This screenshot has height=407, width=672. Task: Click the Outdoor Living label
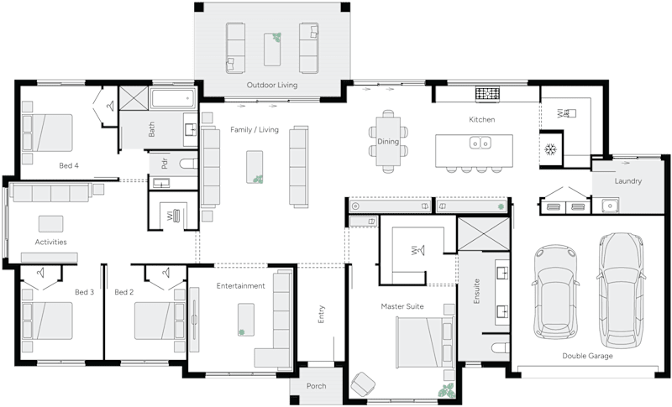click(271, 86)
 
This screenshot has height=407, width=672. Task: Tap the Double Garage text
click(587, 356)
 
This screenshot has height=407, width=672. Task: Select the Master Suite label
click(402, 307)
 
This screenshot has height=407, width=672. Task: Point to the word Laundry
click(628, 181)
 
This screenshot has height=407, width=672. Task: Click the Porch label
click(316, 386)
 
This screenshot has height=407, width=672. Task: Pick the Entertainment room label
click(240, 286)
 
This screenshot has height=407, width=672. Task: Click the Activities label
click(50, 243)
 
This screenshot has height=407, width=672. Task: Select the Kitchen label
click(481, 120)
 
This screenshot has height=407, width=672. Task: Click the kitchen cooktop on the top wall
click(487, 92)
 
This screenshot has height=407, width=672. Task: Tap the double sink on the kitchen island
click(480, 143)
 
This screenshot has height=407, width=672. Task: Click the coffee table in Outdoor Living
click(272, 49)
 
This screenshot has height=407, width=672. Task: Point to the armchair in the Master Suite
click(364, 384)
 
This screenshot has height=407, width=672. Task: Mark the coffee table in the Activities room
click(50, 223)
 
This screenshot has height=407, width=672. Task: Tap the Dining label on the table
click(387, 142)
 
